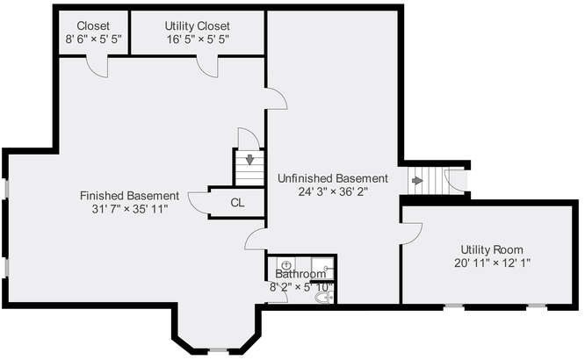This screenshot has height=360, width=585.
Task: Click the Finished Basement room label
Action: [x=129, y=196]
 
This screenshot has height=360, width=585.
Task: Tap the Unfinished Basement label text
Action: [x=333, y=178]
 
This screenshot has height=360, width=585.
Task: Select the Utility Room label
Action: [x=492, y=249]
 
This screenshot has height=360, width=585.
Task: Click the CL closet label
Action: [x=237, y=203]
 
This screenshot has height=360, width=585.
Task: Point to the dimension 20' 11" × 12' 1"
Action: [x=492, y=263]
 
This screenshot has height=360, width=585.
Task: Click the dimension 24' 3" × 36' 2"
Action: [x=333, y=191]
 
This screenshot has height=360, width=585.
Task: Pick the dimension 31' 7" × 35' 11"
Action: [x=130, y=209]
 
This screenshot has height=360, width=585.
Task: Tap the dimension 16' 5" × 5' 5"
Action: [x=198, y=40]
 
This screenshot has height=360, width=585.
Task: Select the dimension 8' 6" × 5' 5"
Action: [x=93, y=40]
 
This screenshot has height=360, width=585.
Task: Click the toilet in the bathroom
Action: [x=324, y=298]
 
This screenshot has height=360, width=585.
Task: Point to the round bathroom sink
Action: [x=286, y=265]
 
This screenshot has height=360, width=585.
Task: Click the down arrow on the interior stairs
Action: [x=249, y=160]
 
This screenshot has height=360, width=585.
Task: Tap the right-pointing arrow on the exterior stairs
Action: [x=417, y=181]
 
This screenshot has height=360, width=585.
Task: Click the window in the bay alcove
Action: [x=218, y=350]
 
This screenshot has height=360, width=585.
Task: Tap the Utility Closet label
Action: [x=198, y=25]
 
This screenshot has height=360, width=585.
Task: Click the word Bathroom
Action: [x=300, y=274]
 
